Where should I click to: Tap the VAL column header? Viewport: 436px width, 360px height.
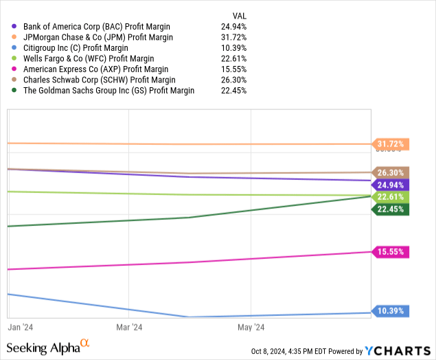pos(240,15)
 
